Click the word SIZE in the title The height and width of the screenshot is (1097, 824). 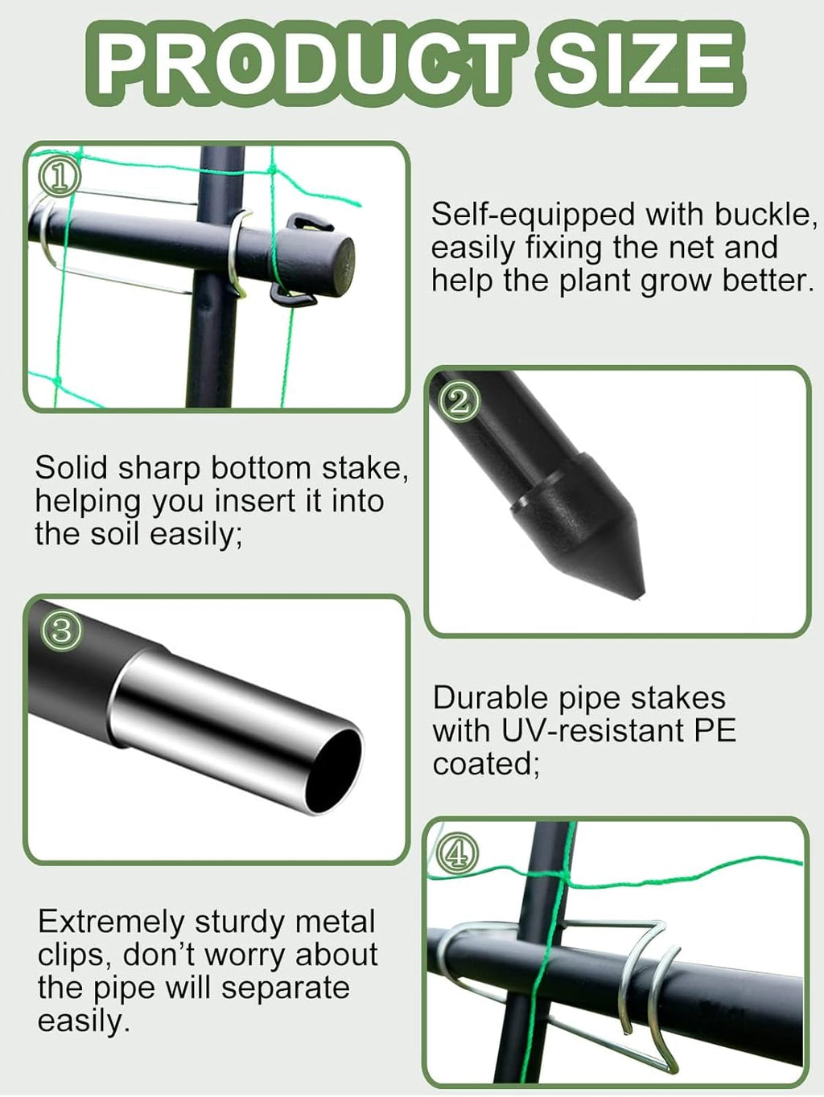(637, 64)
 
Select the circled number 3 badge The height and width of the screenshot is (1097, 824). (61, 631)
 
